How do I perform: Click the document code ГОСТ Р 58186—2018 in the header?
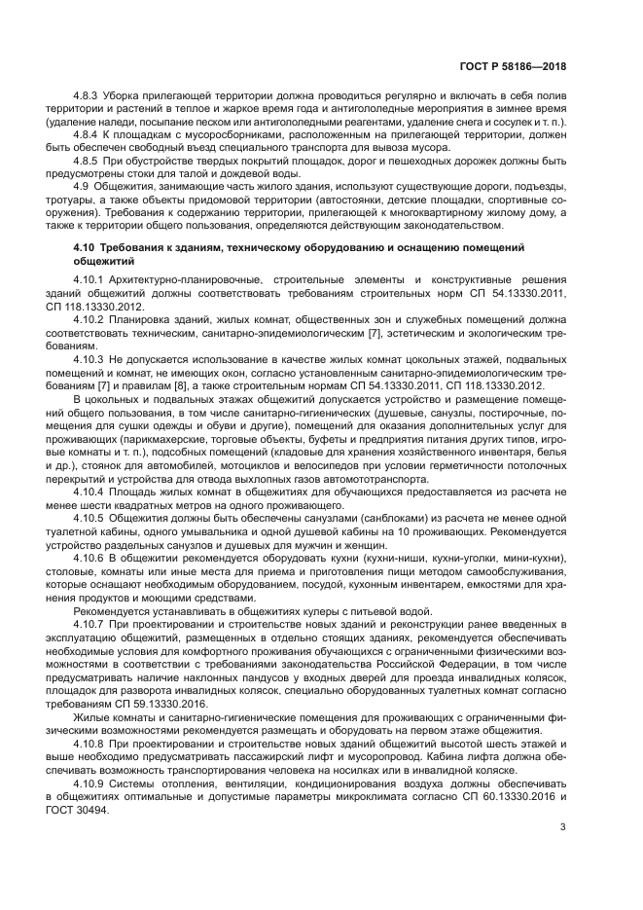point(513,66)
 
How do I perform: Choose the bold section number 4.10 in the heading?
point(87,249)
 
